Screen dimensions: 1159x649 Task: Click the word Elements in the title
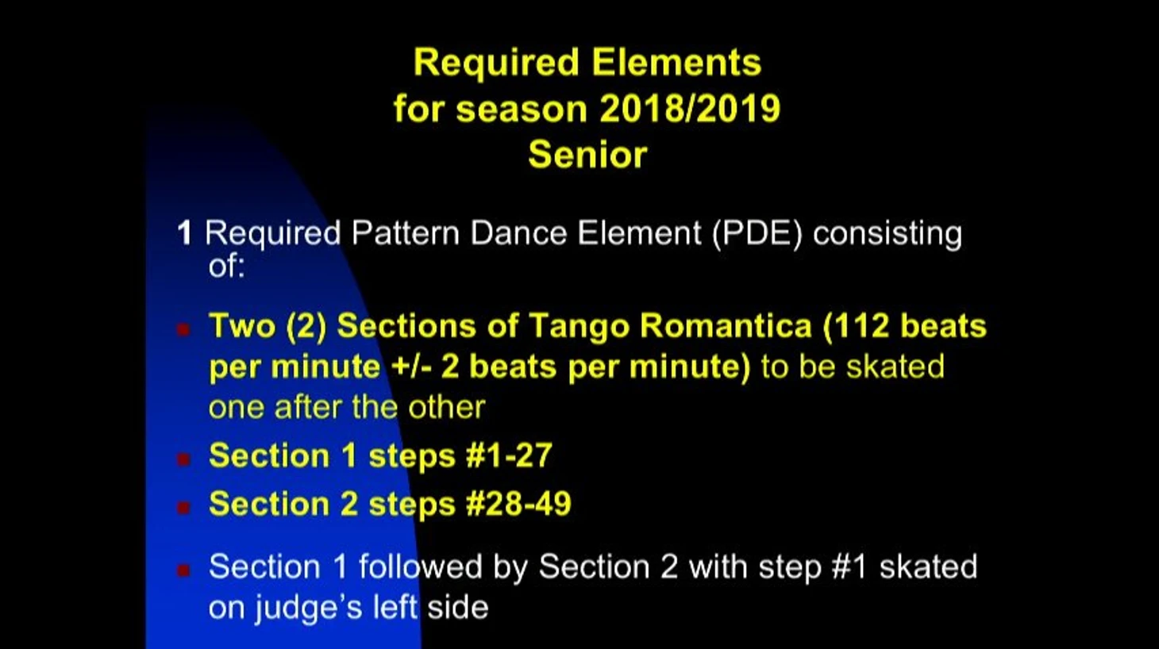click(676, 63)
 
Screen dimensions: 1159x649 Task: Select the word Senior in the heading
click(587, 155)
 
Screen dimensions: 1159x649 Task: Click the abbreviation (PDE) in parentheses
click(757, 233)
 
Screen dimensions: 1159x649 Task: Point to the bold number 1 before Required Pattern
click(185, 232)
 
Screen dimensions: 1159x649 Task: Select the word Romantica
click(726, 326)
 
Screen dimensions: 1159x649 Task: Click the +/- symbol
click(411, 367)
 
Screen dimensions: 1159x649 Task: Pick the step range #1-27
click(509, 455)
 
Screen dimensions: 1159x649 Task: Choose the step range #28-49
click(518, 504)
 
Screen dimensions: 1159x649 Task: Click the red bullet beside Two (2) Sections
click(183, 329)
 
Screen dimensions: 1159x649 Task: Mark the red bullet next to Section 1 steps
click(183, 459)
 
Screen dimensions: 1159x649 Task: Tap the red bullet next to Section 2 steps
click(183, 507)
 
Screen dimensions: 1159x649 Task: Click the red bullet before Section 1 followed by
click(183, 570)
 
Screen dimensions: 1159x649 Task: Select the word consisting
click(888, 234)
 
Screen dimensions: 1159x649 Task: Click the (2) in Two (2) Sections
click(306, 327)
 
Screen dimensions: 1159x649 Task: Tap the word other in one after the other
click(447, 408)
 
